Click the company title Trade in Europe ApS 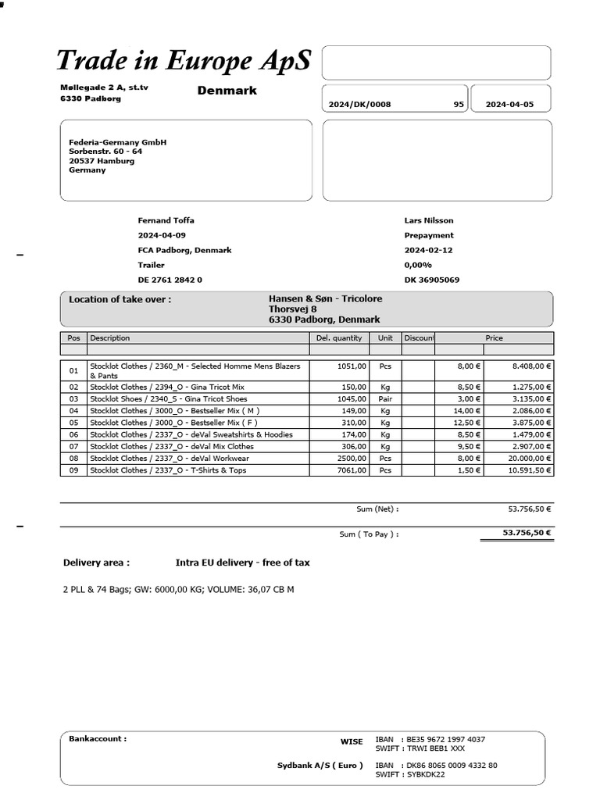tap(184, 60)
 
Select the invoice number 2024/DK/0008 tap(359, 105)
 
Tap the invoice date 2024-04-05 tap(509, 105)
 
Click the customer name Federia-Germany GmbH tap(117, 142)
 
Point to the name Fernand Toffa tap(166, 220)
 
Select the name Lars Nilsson tap(428, 220)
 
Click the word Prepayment tap(428, 235)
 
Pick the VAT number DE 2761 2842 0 tap(170, 280)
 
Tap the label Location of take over tap(120, 299)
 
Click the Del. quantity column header tap(339, 338)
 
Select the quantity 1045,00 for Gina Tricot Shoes tap(350, 398)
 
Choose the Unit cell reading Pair tap(385, 398)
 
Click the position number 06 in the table tap(73, 434)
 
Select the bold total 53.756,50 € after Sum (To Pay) tap(527, 533)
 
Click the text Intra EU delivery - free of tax tap(243, 562)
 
